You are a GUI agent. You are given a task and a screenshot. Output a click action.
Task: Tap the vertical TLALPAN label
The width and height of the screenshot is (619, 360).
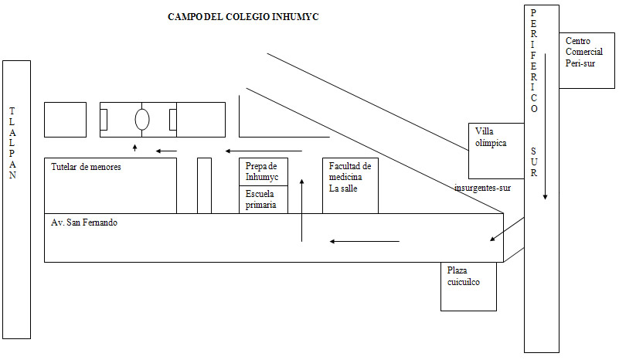tap(12, 143)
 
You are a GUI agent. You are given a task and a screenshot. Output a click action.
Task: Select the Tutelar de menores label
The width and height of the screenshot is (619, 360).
tap(87, 166)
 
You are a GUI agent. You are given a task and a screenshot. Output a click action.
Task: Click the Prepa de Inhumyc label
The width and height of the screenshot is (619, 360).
tap(261, 172)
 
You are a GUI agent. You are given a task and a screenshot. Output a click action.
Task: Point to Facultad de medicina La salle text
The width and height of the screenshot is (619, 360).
tap(350, 178)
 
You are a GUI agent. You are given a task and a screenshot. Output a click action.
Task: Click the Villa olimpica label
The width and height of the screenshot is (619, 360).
tap(491, 137)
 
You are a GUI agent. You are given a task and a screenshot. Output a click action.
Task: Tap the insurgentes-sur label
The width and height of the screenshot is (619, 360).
tap(483, 187)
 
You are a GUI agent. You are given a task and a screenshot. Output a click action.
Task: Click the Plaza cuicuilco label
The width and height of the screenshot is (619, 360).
tap(464, 277)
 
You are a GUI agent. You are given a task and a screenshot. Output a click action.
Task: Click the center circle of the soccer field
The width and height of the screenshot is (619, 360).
tap(141, 120)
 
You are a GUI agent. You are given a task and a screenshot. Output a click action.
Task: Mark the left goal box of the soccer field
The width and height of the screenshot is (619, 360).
tap(104, 120)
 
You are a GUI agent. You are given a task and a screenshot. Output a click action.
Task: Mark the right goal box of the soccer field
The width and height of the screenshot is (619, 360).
tap(173, 120)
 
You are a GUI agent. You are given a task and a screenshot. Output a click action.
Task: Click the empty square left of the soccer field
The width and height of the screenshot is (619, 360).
tap(65, 120)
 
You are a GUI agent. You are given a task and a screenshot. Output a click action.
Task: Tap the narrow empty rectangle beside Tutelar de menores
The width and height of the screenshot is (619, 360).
tap(204, 185)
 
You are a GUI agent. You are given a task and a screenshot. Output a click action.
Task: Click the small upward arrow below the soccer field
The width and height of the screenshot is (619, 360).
tap(135, 147)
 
